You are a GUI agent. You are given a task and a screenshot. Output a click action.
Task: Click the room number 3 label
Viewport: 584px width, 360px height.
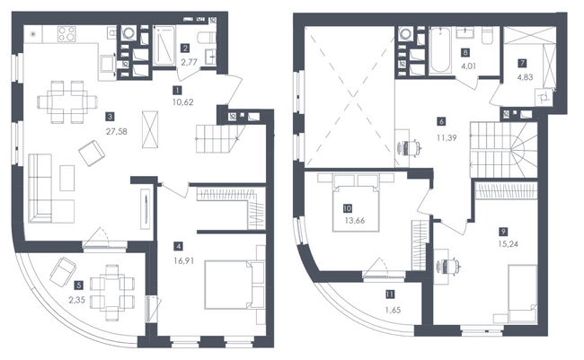[x=110, y=117]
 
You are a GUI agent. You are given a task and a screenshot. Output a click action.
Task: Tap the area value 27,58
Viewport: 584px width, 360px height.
[x=117, y=131]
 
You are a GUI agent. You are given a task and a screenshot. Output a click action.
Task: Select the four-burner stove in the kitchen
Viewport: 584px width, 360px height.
[x=66, y=34]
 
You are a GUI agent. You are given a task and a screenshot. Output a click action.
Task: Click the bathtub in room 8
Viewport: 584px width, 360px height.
[x=439, y=50]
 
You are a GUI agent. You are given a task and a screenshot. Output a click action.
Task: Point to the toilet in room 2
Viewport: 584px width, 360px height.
[x=207, y=38]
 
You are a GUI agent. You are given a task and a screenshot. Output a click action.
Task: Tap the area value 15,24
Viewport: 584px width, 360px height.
[x=509, y=244]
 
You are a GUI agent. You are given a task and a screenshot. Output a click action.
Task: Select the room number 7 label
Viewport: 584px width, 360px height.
[x=523, y=63]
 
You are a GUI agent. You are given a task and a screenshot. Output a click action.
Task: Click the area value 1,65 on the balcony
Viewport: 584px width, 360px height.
[x=394, y=310]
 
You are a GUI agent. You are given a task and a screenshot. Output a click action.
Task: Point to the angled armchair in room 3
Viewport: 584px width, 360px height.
[x=92, y=153]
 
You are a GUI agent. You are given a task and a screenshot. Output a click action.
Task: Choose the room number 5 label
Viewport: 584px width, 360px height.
[x=78, y=285]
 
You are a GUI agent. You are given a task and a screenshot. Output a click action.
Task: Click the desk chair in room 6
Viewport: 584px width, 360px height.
[x=411, y=148]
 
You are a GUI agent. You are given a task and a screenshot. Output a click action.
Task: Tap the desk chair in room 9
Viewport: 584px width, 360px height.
[x=449, y=266]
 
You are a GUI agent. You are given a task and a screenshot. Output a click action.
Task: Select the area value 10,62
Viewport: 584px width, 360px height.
[x=183, y=102]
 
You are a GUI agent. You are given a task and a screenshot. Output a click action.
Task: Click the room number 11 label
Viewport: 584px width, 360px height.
[x=390, y=294]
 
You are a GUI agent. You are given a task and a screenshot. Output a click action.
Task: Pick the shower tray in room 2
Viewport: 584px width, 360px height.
[x=164, y=46]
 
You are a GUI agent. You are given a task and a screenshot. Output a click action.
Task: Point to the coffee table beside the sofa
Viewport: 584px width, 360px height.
[x=67, y=178]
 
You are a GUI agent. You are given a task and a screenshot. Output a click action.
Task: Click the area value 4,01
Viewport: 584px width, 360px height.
[x=468, y=66]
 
